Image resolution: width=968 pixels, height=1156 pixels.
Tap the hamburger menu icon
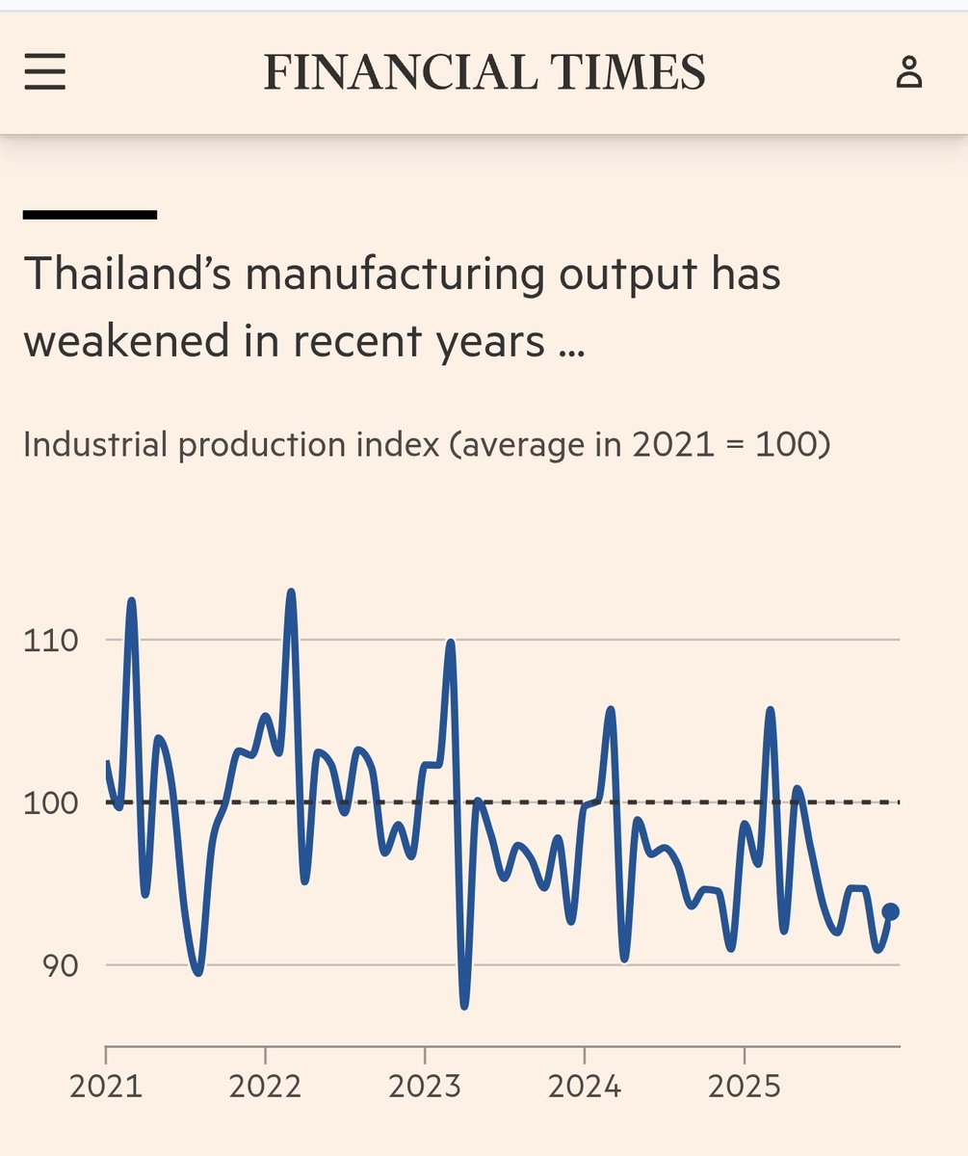pyautogui.click(x=44, y=72)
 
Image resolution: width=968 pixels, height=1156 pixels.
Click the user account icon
pyautogui.click(x=908, y=72)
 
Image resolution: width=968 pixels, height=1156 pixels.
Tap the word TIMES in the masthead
pyautogui.click(x=620, y=72)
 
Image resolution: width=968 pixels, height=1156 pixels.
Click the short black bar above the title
pyautogui.click(x=90, y=215)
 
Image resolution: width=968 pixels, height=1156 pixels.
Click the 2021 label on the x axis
pyautogui.click(x=106, y=1088)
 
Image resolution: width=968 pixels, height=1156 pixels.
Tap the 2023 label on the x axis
pyautogui.click(x=425, y=1088)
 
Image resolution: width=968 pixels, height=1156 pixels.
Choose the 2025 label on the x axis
pyautogui.click(x=744, y=1088)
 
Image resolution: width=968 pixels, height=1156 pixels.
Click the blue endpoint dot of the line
pyautogui.click(x=891, y=911)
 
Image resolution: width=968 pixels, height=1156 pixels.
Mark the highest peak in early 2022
pyautogui.click(x=291, y=591)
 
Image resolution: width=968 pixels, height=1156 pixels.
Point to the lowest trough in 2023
pyautogui.click(x=464, y=1006)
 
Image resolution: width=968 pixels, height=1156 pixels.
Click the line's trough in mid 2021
pyautogui.click(x=198, y=972)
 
